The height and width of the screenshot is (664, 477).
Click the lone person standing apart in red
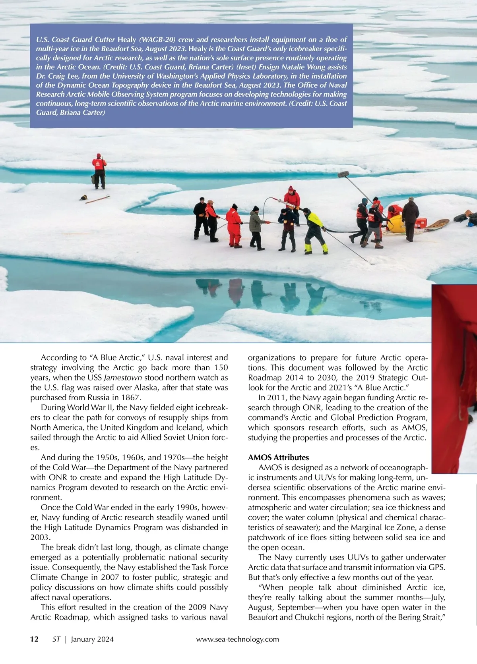(x=99, y=171)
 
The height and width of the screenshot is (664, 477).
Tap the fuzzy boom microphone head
(x=343, y=174)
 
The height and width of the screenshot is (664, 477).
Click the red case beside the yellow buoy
(x=421, y=223)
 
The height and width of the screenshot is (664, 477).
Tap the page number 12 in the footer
(x=35, y=639)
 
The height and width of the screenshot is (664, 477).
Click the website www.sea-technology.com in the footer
(x=238, y=639)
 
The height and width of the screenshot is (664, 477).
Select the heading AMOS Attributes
(x=278, y=457)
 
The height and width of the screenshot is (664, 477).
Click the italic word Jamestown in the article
(x=123, y=377)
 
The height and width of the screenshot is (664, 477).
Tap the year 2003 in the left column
(x=40, y=537)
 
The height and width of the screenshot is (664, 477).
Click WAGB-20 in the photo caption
(x=157, y=40)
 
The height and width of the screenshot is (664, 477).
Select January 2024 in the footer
(x=92, y=639)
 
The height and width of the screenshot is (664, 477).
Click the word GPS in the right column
(x=437, y=567)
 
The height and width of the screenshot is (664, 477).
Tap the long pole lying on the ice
(x=98, y=199)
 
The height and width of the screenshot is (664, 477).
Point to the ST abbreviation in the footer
(x=56, y=639)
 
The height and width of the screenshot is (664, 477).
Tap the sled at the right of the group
(x=437, y=225)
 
